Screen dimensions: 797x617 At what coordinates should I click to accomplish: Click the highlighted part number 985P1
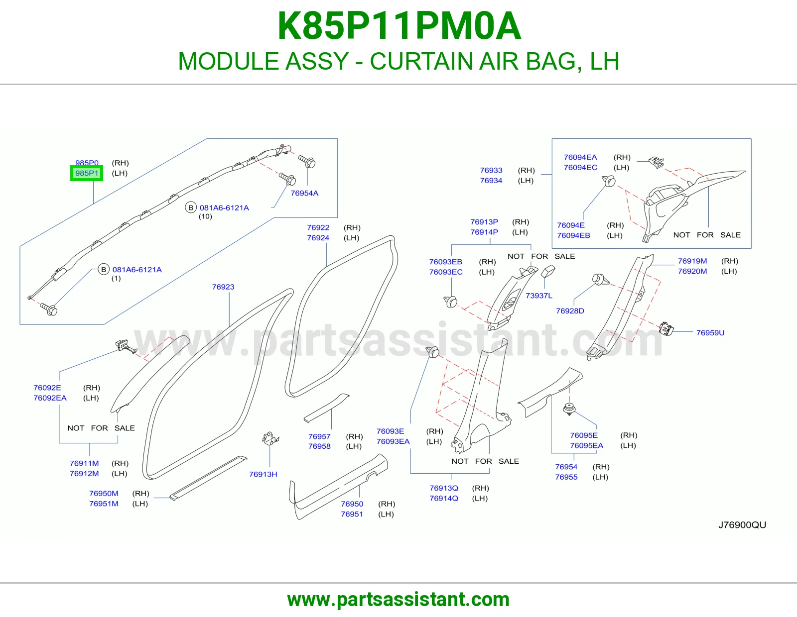[x=87, y=173]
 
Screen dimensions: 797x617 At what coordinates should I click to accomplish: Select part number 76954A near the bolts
[x=304, y=193]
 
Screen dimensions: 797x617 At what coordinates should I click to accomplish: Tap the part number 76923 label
[x=223, y=287]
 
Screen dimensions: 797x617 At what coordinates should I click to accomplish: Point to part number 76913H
[x=263, y=474]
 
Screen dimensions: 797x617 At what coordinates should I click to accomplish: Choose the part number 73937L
[x=539, y=296]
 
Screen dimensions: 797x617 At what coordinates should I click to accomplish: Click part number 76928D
[x=570, y=310]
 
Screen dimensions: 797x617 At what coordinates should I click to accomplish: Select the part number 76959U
[x=710, y=333]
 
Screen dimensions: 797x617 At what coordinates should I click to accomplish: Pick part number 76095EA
[x=586, y=445]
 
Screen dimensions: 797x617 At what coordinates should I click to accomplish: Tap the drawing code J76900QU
[x=742, y=525]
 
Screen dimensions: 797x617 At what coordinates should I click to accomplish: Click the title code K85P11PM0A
[x=399, y=26]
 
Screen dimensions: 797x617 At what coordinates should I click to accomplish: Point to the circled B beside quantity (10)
[x=191, y=208]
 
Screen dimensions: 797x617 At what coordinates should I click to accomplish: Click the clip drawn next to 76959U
[x=666, y=328]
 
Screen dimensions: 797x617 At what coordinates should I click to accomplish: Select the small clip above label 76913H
[x=270, y=438]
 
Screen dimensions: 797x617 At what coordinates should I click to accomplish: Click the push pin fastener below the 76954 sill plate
[x=569, y=409]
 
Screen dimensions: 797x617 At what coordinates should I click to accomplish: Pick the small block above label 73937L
[x=548, y=271]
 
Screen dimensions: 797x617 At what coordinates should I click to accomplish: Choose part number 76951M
[x=104, y=504]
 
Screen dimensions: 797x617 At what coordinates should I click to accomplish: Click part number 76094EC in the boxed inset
[x=580, y=168]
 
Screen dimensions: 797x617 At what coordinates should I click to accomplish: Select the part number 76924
[x=318, y=238]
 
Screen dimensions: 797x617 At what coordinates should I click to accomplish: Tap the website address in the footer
[x=398, y=600]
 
